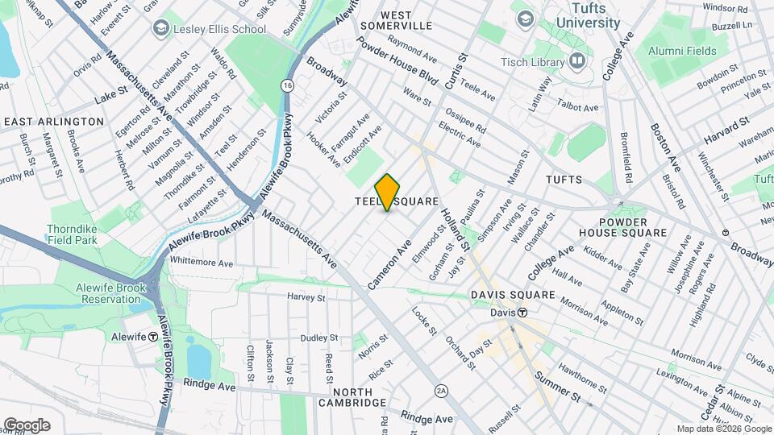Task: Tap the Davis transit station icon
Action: coord(522,313)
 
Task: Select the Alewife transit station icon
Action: coord(153,337)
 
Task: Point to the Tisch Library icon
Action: coord(576,60)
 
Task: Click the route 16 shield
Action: coord(287,85)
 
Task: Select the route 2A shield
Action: coord(441,391)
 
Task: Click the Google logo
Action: coord(27,425)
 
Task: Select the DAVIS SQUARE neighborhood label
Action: coord(514,295)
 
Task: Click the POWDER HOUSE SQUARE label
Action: coord(634,227)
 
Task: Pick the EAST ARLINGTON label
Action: coord(54,122)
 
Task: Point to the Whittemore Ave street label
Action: coord(202,263)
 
